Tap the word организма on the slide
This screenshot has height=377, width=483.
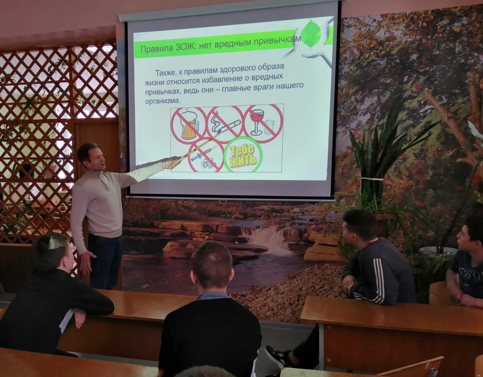[x=162, y=101]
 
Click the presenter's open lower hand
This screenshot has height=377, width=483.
[x=87, y=262]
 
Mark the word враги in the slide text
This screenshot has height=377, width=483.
[x=263, y=88]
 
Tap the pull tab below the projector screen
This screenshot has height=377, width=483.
[x=223, y=201]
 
